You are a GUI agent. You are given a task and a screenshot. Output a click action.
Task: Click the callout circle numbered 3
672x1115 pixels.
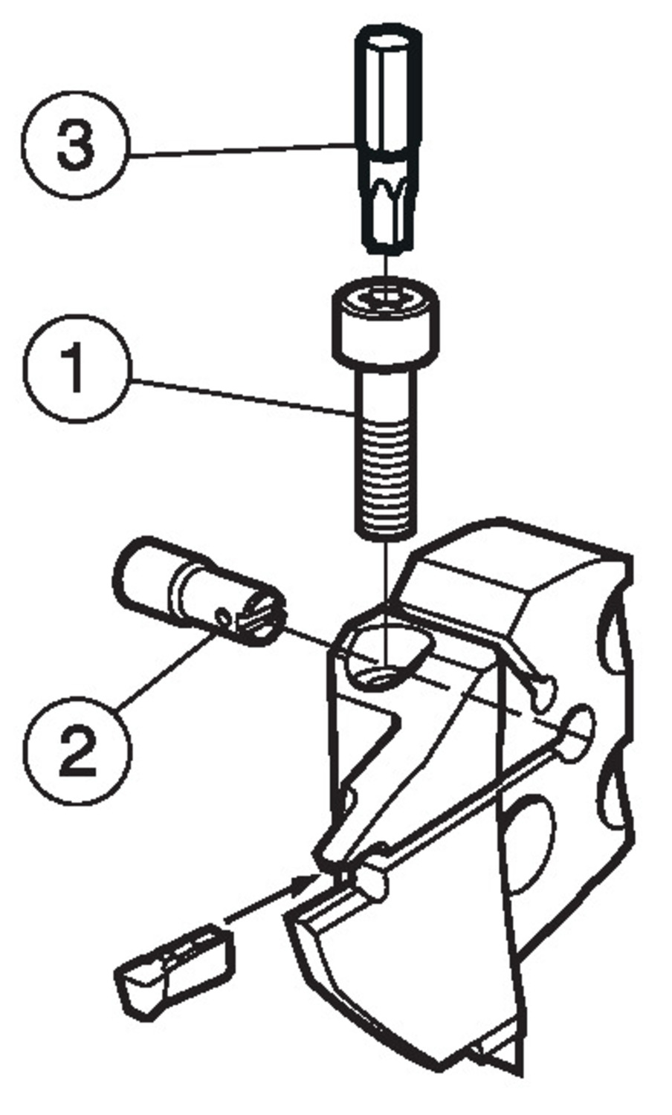coord(75,144)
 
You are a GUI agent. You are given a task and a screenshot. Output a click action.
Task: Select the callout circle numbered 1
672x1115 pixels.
coord(77,369)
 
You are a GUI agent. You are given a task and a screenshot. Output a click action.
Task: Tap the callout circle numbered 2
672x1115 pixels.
coord(77,749)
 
